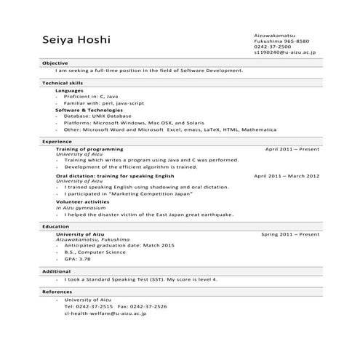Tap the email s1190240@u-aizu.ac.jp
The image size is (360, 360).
[x=286, y=53]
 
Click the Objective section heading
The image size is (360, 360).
[x=55, y=63]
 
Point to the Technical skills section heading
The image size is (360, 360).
[x=65, y=84]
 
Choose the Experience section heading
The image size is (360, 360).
[x=57, y=141]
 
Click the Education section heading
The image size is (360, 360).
[x=55, y=227]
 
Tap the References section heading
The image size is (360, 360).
[x=57, y=292]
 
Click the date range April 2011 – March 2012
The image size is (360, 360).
[x=287, y=176]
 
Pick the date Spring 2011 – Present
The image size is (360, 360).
[x=290, y=235]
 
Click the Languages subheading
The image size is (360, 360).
[x=69, y=91]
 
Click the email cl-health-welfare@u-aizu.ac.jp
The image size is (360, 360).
[x=105, y=313]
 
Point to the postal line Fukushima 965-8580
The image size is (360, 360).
[x=281, y=41]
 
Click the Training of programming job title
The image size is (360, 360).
[x=89, y=149]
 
